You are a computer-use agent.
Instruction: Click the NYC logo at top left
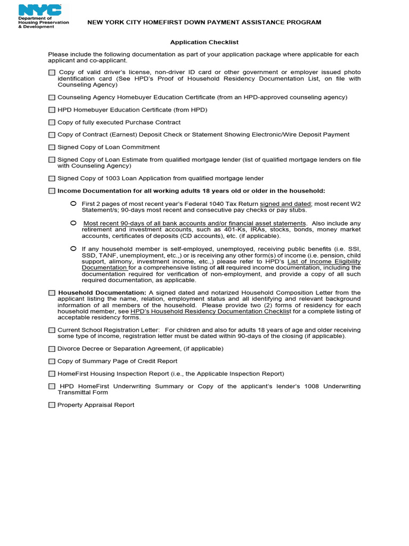tap(40, 10)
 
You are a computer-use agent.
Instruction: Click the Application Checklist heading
tap(204, 42)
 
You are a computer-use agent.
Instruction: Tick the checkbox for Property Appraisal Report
tap(52, 405)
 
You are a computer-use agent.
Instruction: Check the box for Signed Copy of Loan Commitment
tap(52, 147)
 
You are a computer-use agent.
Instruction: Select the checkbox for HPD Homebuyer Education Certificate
tap(52, 110)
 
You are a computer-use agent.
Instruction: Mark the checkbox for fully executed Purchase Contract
tap(52, 123)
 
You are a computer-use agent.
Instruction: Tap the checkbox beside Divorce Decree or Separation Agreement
tap(52, 349)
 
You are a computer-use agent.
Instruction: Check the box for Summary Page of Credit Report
tap(52, 362)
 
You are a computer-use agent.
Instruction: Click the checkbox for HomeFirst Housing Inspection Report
tap(52, 374)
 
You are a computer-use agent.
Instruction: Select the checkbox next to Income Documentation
tap(52, 191)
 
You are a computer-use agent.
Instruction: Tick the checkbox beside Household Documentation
tap(52, 293)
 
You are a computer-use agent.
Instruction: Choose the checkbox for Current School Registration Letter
tap(52, 330)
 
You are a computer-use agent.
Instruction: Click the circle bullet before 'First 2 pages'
tap(73, 204)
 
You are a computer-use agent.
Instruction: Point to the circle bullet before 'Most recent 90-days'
tap(73, 223)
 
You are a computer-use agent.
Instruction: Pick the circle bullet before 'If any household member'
tap(73, 248)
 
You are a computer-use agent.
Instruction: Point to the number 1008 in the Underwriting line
tap(313, 386)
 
